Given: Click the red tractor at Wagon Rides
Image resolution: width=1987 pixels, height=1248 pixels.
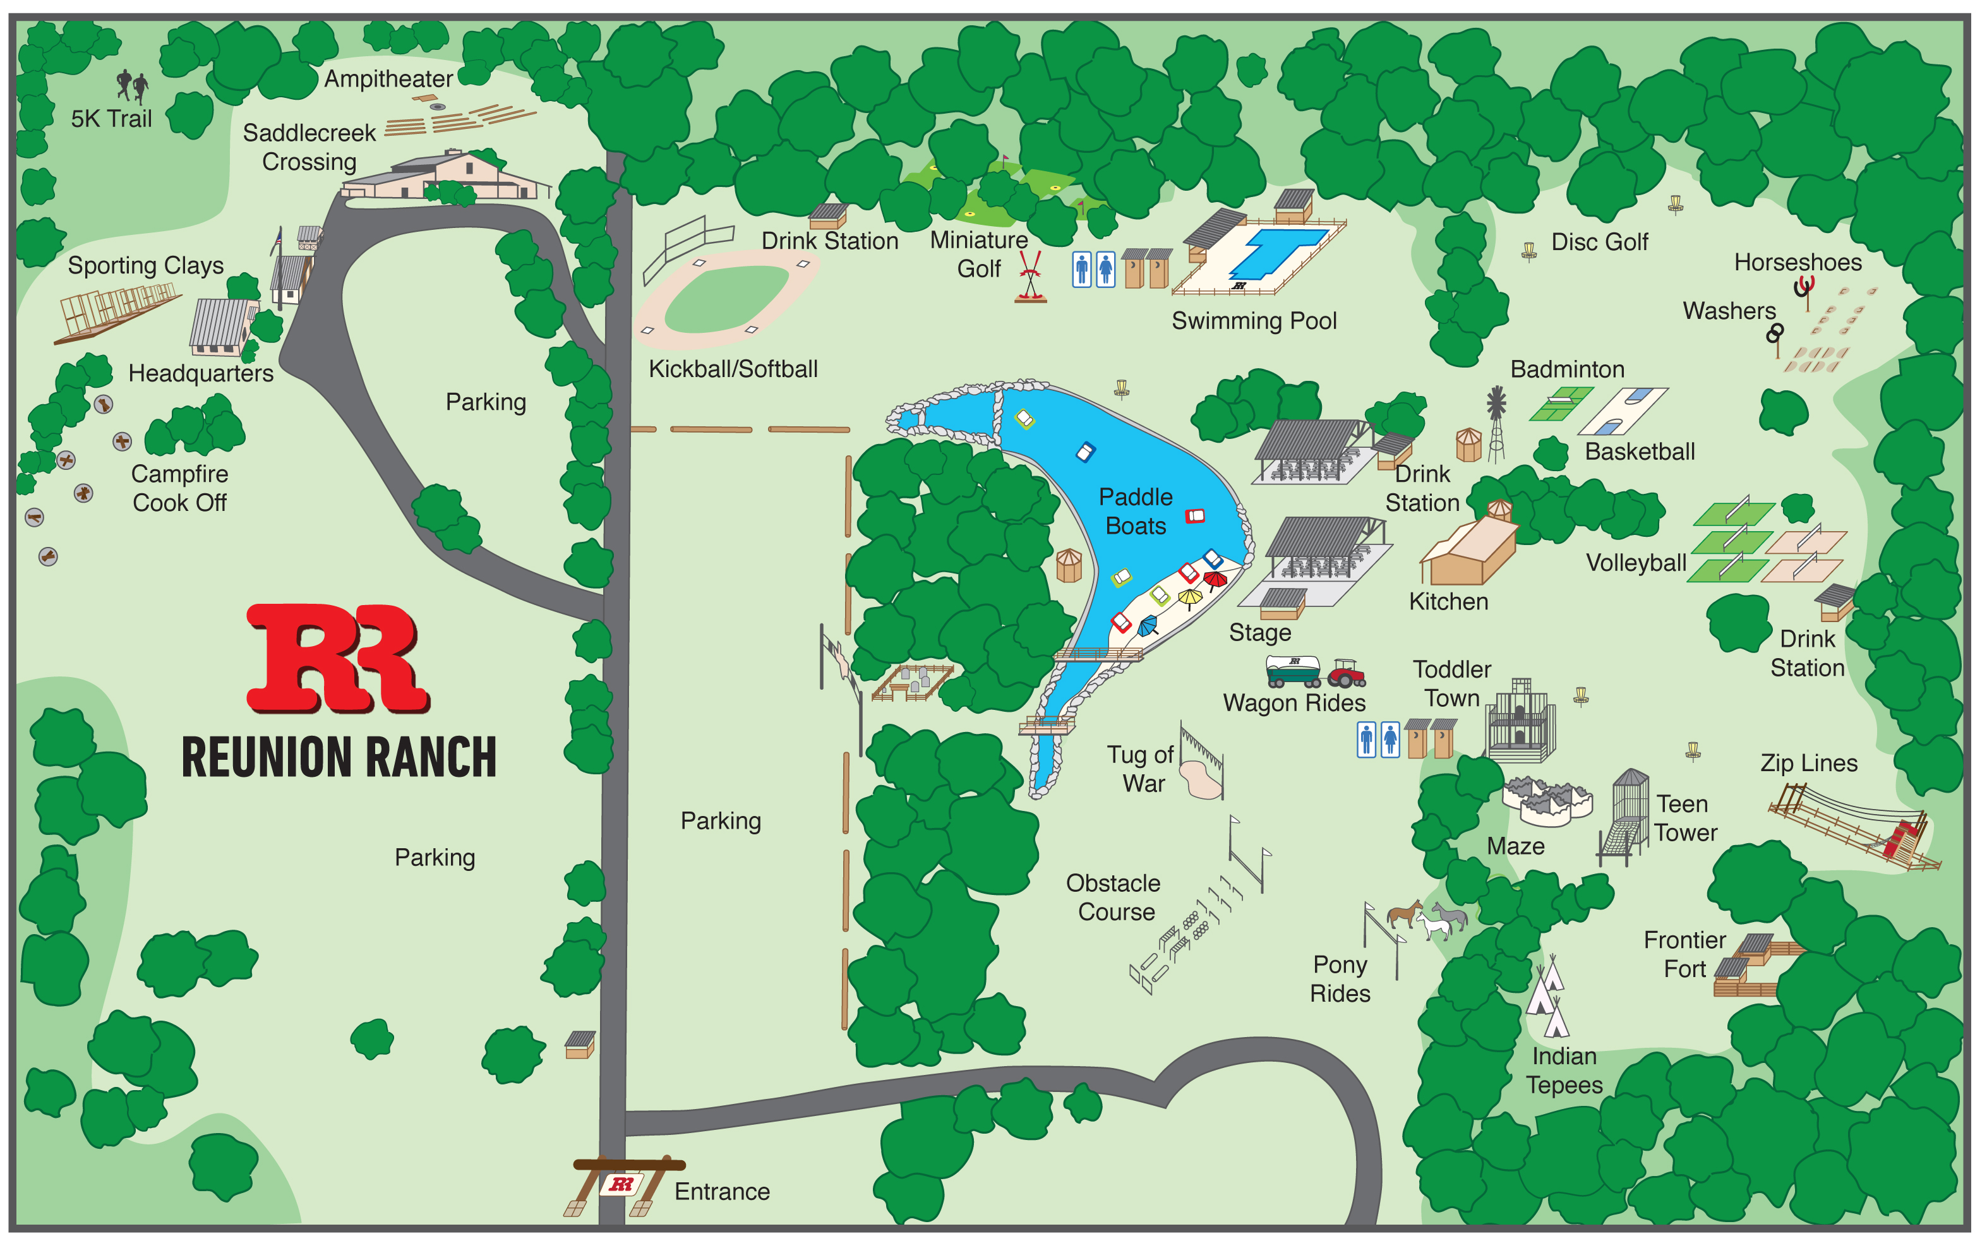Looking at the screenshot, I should pyautogui.click(x=1347, y=673).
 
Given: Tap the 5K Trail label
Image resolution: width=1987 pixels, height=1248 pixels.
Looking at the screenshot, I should pyautogui.click(x=111, y=119).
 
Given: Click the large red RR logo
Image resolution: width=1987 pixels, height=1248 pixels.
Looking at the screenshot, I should pyautogui.click(x=339, y=658).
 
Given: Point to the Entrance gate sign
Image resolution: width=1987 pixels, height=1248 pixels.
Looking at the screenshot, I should pyautogui.click(x=621, y=1184).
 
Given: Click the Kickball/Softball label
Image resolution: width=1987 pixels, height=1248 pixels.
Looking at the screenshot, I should pyautogui.click(x=733, y=369).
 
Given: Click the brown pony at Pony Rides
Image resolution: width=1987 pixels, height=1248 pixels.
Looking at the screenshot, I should pyautogui.click(x=1403, y=915).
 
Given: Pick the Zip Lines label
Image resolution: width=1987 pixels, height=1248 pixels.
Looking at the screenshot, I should pyautogui.click(x=1809, y=763).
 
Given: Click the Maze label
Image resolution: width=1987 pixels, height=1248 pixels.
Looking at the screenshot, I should pyautogui.click(x=1515, y=846).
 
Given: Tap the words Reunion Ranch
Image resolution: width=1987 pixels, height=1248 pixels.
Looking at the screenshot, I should pyautogui.click(x=339, y=758).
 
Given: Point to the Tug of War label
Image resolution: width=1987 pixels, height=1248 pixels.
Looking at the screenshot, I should pyautogui.click(x=1141, y=769).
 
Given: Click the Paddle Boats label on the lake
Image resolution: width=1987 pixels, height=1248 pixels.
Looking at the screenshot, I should pyautogui.click(x=1136, y=511).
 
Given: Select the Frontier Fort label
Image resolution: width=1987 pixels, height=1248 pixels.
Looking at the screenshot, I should pyautogui.click(x=1684, y=954).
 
